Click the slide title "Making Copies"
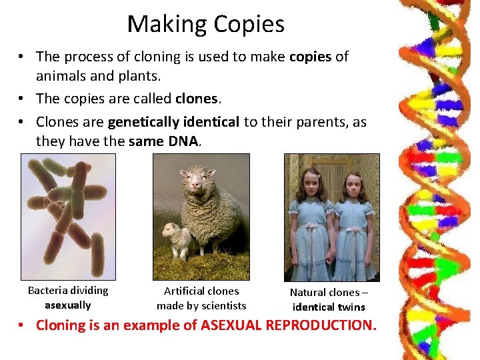205,25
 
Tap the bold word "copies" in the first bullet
310,57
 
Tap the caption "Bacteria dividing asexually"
68,297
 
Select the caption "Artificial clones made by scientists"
201,298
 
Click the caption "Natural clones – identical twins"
329,299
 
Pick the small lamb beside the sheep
175,240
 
